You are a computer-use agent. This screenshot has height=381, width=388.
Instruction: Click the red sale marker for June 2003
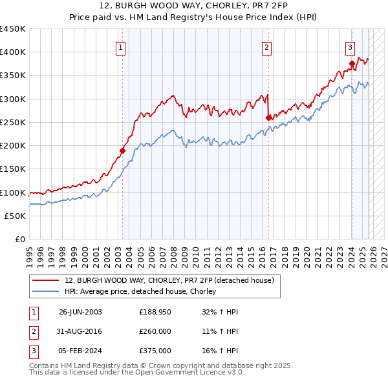click(x=122, y=150)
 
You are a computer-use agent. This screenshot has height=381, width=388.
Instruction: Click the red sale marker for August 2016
click(x=268, y=118)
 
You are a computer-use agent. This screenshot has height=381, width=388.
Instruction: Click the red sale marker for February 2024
click(x=352, y=63)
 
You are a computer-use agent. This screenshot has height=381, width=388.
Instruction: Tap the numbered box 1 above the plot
click(x=122, y=46)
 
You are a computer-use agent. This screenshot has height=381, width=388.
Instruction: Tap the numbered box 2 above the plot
click(x=267, y=46)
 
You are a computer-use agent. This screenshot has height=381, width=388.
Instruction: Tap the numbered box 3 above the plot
click(x=350, y=46)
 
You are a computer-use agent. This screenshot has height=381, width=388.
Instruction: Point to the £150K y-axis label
click(x=13, y=169)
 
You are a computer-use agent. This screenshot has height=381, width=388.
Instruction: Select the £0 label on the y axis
click(x=19, y=239)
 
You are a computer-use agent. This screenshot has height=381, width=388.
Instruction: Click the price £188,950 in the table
click(x=155, y=312)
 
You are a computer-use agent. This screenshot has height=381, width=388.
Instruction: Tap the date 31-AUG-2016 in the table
click(x=80, y=331)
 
